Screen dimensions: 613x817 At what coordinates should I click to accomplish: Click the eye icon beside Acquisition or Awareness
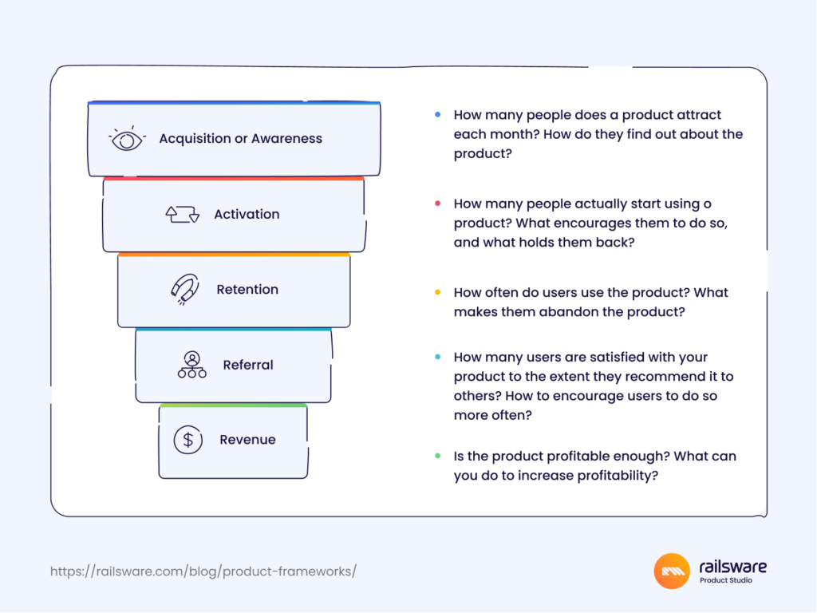tap(126, 139)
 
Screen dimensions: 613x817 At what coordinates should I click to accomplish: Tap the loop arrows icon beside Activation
tap(182, 214)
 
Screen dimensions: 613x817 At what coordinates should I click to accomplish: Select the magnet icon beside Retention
tap(185, 289)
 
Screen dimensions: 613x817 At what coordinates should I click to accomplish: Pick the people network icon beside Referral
tap(191, 365)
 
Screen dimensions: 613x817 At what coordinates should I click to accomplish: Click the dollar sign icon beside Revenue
tap(188, 440)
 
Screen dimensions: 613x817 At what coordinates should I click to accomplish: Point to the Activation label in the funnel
tap(247, 214)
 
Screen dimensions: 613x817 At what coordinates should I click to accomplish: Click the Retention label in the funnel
tap(247, 290)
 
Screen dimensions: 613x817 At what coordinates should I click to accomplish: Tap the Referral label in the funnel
tap(248, 365)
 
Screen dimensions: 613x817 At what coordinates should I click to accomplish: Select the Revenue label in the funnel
tap(248, 440)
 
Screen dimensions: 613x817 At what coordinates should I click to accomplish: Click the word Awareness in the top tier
tap(287, 139)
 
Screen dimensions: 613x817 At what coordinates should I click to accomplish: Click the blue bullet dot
tap(437, 115)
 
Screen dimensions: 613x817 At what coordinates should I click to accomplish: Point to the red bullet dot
tap(437, 204)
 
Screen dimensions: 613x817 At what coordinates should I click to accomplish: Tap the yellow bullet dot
tap(437, 292)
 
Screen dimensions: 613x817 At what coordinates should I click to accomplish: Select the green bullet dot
tap(437, 457)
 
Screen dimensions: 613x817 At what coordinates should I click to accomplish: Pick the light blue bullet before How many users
tap(437, 357)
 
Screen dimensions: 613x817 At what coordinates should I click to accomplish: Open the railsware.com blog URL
tap(203, 571)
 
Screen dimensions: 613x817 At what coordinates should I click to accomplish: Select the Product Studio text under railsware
tap(725, 580)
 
